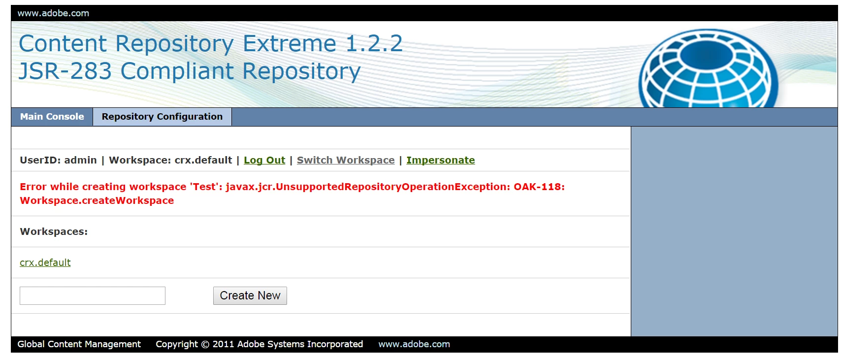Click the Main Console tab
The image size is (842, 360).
[52, 117]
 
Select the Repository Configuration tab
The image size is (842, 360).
[162, 117]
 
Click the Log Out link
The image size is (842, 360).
[264, 160]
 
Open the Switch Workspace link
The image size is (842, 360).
[346, 160]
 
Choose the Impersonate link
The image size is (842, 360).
[441, 160]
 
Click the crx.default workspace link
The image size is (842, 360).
[45, 262]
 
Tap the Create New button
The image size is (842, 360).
[250, 296]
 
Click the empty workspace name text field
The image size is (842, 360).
[93, 296]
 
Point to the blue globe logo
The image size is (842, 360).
[708, 68]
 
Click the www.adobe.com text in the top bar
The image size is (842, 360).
[53, 13]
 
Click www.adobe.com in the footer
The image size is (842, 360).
[414, 344]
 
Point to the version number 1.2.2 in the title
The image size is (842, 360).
[374, 43]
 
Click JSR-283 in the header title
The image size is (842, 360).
[65, 71]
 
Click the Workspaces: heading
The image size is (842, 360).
[54, 231]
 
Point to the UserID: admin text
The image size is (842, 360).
[58, 160]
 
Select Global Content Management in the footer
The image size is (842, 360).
[79, 344]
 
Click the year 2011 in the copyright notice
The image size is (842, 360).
[223, 344]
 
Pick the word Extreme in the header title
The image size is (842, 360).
[289, 43]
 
